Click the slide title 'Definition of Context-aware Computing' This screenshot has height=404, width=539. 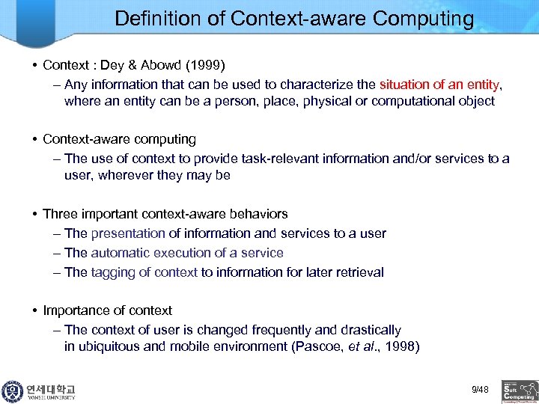(294, 19)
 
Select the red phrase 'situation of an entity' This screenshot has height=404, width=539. (440, 83)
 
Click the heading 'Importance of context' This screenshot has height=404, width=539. (107, 310)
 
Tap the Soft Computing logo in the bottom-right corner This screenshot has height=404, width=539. (520, 390)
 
